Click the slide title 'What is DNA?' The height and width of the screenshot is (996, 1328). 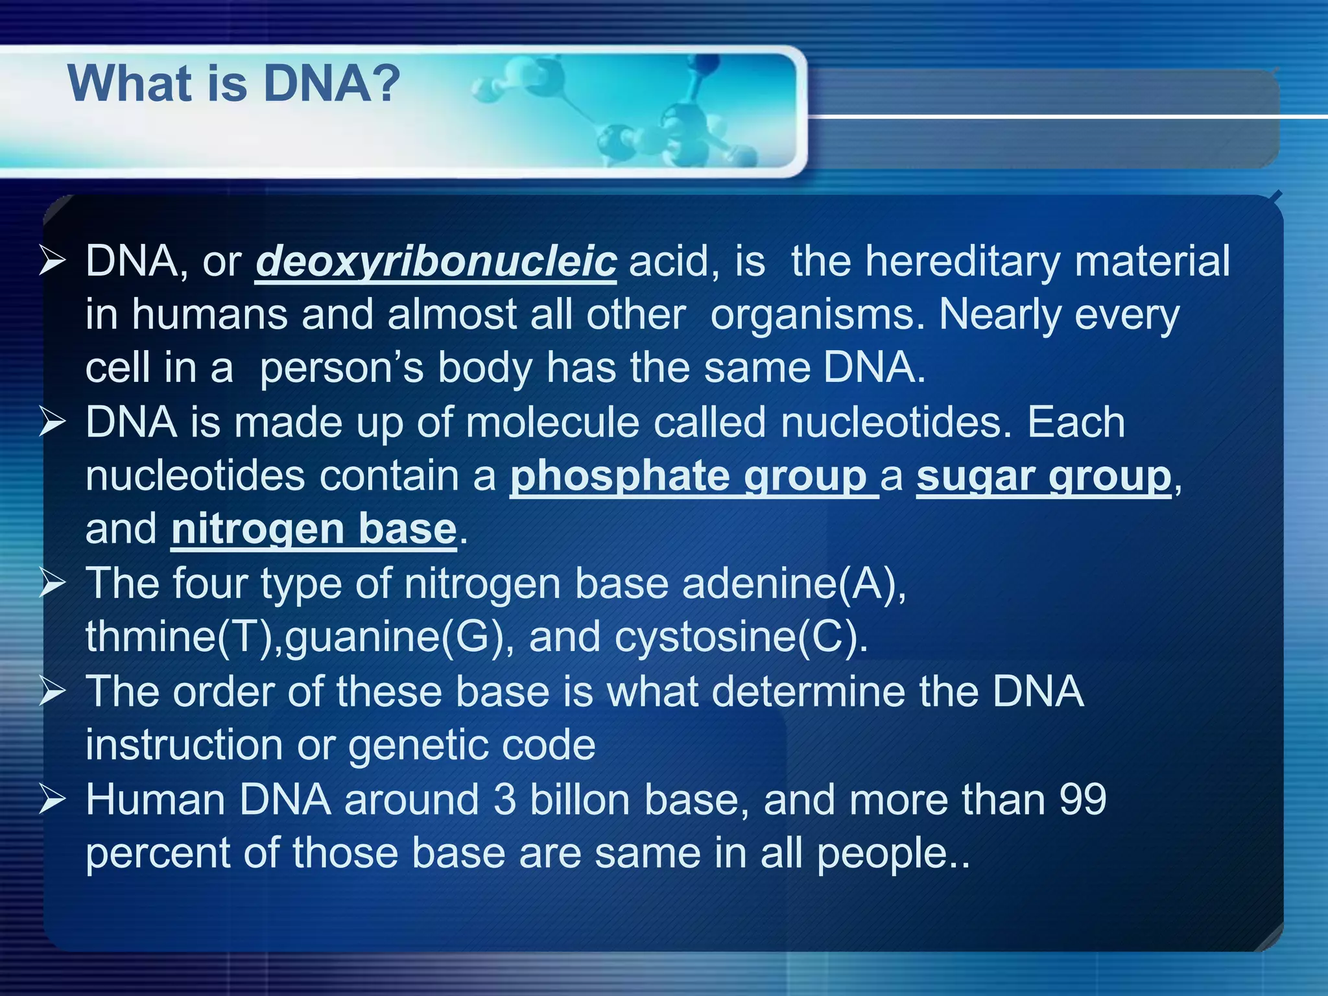233,84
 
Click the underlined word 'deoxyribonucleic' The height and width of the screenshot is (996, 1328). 436,261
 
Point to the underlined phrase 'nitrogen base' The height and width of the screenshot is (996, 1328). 314,529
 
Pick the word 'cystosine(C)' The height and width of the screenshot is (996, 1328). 740,636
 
